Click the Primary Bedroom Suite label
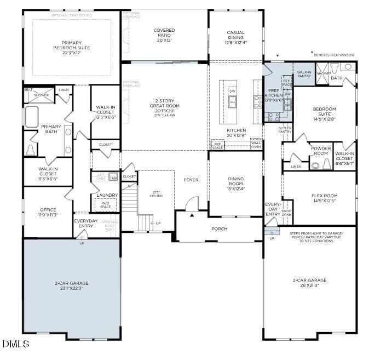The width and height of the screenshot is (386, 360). pyautogui.click(x=72, y=47)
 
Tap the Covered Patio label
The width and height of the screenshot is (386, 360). pyautogui.click(x=164, y=35)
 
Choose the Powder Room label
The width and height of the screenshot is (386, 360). pyautogui.click(x=320, y=151)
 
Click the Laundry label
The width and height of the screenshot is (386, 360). pyautogui.click(x=107, y=195)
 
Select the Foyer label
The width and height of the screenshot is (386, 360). pyautogui.click(x=191, y=180)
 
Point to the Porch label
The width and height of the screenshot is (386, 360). pyautogui.click(x=219, y=228)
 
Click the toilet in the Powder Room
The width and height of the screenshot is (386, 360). pyautogui.click(x=316, y=164)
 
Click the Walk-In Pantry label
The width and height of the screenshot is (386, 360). pyautogui.click(x=304, y=75)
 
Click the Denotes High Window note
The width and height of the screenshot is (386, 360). pyautogui.click(x=334, y=55)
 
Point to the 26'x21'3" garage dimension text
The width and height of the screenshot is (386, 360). pyautogui.click(x=309, y=285)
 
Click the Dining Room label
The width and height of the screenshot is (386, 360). pyautogui.click(x=235, y=186)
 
